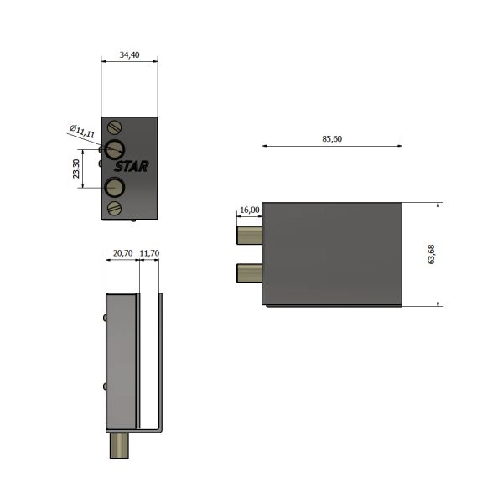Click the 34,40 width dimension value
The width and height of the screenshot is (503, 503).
tap(128, 55)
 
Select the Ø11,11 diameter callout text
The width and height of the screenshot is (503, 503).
tap(82, 131)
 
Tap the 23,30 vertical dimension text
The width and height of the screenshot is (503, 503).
tap(76, 169)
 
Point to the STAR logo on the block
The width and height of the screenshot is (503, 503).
tap(132, 167)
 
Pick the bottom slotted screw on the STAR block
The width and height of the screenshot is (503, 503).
tap(117, 207)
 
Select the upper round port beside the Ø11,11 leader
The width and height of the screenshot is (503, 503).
tap(114, 149)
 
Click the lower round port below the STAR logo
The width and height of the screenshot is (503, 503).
tap(113, 188)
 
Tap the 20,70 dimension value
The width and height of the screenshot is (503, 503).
tap(122, 252)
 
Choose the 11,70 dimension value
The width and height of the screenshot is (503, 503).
tap(151, 252)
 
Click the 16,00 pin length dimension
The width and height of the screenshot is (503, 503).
tap(250, 210)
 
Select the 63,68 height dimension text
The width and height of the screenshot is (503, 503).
tap(430, 255)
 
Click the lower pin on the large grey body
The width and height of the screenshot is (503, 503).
tap(251, 272)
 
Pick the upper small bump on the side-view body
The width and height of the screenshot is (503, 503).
tap(104, 318)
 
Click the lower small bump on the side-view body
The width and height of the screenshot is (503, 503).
tap(104, 386)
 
